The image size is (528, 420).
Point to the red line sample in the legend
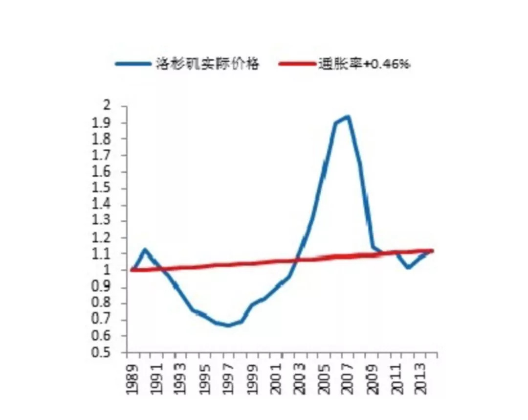[296, 64]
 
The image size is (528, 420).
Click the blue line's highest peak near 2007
[348, 117]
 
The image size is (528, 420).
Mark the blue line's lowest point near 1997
[228, 326]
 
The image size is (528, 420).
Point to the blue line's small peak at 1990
[144, 249]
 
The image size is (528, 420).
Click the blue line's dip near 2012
[408, 268]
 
